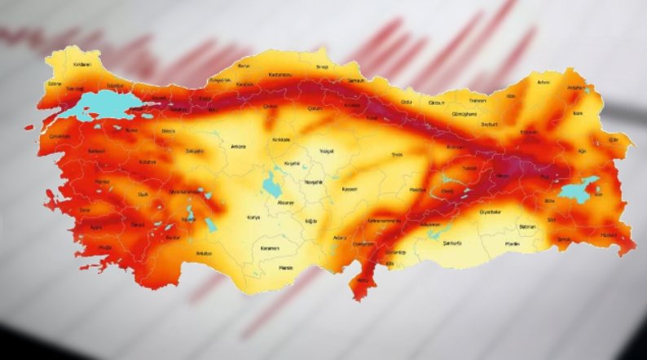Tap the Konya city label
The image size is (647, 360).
[x=253, y=217]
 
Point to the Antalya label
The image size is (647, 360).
[x=204, y=253]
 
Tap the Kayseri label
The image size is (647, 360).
[x=350, y=188]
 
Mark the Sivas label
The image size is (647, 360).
[x=398, y=153]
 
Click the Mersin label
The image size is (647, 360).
[x=285, y=266]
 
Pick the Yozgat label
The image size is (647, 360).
[x=328, y=151]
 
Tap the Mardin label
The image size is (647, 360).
[x=512, y=244]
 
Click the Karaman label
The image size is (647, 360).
[x=271, y=248]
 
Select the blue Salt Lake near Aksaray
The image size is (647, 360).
[x=270, y=186]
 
